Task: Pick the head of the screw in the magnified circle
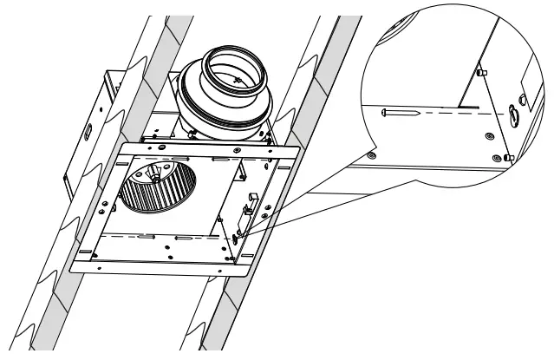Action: [x=383, y=111]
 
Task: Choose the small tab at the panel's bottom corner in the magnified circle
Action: [x=508, y=156]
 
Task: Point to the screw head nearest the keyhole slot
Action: [x=492, y=135]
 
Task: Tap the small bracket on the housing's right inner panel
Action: [x=249, y=206]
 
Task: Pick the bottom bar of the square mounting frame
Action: [x=156, y=265]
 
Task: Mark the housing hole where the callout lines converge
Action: [x=238, y=233]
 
